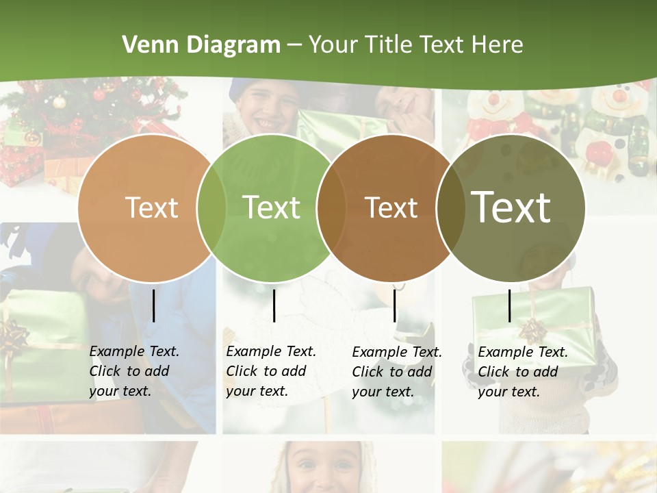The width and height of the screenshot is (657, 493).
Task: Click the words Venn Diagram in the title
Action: point(201,45)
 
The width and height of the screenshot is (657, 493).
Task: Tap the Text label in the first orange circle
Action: point(151,207)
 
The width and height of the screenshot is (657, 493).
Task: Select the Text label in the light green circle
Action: point(272,207)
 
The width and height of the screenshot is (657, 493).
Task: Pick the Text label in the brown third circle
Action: point(391,207)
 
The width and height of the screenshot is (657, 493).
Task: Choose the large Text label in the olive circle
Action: point(511,207)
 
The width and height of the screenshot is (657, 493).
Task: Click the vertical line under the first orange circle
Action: point(153,305)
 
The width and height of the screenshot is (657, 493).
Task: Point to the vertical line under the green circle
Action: point(274,305)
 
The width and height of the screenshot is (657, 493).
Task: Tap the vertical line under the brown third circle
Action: point(394,305)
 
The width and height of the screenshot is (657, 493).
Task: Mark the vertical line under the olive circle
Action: point(509,305)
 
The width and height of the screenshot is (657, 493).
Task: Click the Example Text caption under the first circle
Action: point(134,371)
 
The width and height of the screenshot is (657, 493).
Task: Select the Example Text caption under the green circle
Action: point(271,371)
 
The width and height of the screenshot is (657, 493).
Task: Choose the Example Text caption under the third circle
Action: point(397,372)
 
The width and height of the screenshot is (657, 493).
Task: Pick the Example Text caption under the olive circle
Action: point(523,372)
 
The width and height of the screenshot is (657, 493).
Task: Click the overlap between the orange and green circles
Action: point(211,207)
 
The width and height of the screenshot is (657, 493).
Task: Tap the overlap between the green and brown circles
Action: point(331,207)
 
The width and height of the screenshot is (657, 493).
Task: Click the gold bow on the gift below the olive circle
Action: point(531,331)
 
